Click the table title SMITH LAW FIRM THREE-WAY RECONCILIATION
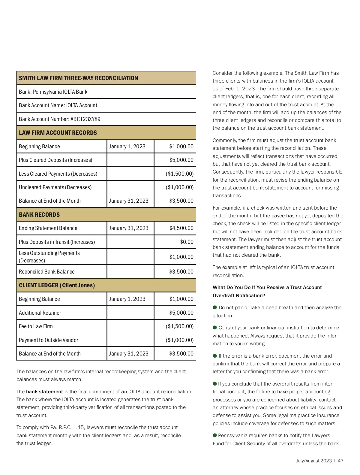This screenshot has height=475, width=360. pos(78,78)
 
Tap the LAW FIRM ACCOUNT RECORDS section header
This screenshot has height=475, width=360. pos(58,133)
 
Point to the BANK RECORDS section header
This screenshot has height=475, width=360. pos(39,215)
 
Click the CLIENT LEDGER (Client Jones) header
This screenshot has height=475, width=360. pos(57,285)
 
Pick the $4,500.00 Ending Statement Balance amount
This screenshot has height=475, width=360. pos(181,228)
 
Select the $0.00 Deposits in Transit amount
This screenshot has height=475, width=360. pos(187,242)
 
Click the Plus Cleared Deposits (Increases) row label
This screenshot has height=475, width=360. pos(55,160)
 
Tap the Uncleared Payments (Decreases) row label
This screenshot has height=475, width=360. pos(55,187)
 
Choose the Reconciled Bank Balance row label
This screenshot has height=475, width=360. pos(47,272)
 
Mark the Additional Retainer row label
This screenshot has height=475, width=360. pos(40,313)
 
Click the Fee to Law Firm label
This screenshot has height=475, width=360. pos(36,326)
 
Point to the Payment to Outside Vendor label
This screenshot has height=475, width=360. pos(49,340)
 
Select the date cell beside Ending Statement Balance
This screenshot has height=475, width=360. pos(129,228)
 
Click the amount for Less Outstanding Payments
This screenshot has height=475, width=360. pos(181,257)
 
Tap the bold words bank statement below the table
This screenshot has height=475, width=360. pos(44,392)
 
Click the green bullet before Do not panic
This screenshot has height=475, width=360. pos(215,307)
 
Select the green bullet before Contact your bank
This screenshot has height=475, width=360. pos(215,328)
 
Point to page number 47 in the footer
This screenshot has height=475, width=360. pos(340,461)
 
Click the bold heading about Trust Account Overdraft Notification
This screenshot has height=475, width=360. pos(267,291)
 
